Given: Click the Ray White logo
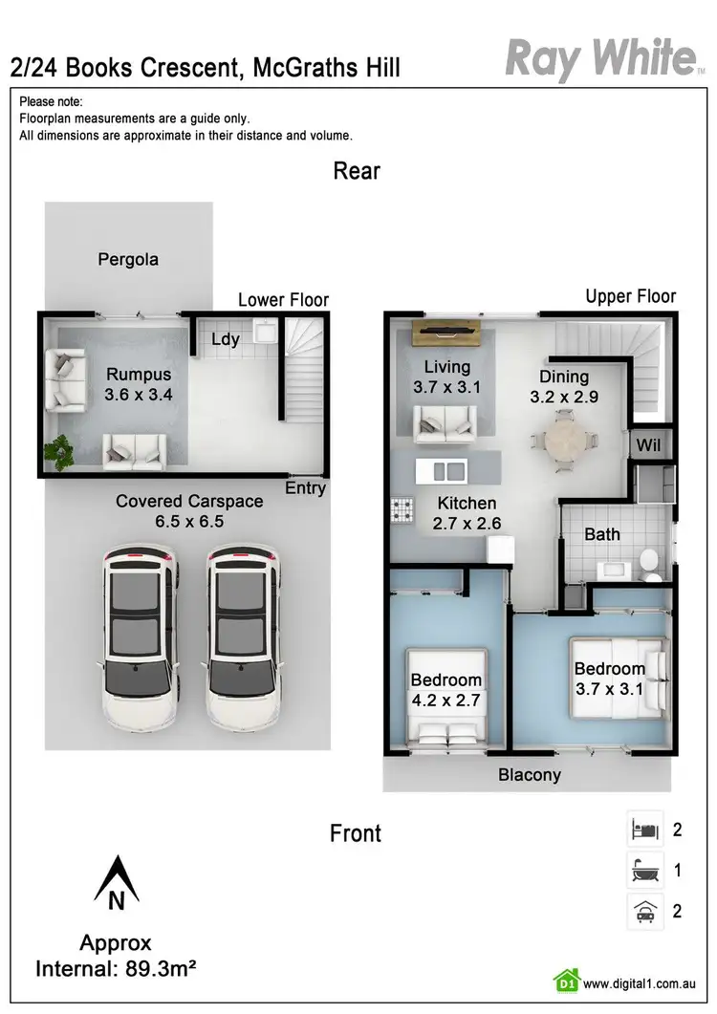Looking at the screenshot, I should [599, 58].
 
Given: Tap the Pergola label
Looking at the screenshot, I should [128, 259].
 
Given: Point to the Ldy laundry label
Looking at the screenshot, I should [225, 338].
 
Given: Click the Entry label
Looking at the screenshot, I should [306, 488].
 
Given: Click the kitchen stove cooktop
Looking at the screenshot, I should [400, 510].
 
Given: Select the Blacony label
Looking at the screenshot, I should [529, 775].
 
